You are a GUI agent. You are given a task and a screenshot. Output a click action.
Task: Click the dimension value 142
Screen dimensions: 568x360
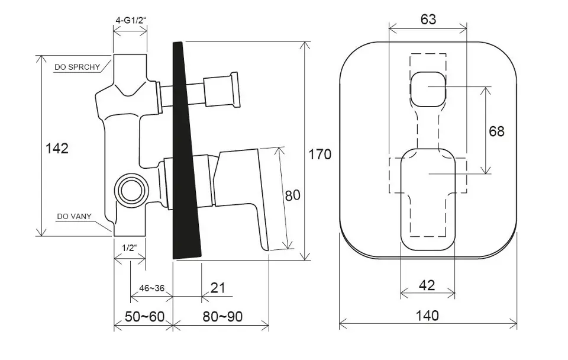point(57,148)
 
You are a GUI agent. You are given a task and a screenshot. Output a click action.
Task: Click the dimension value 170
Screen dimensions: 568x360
point(319,155)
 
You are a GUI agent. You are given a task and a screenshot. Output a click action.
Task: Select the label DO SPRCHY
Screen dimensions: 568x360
point(77,67)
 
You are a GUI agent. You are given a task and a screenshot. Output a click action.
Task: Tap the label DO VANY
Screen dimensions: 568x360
point(75,217)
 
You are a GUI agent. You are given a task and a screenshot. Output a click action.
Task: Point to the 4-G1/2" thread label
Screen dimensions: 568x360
point(131,20)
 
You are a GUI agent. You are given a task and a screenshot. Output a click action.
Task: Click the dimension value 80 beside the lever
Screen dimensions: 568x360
point(293,195)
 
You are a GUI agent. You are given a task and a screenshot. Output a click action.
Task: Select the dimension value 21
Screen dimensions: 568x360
point(218,288)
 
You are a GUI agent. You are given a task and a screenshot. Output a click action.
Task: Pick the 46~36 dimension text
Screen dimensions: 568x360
point(152,288)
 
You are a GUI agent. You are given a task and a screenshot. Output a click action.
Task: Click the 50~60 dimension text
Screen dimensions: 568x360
point(144,317)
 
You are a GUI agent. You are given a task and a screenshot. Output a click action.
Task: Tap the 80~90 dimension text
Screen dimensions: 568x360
point(222,317)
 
